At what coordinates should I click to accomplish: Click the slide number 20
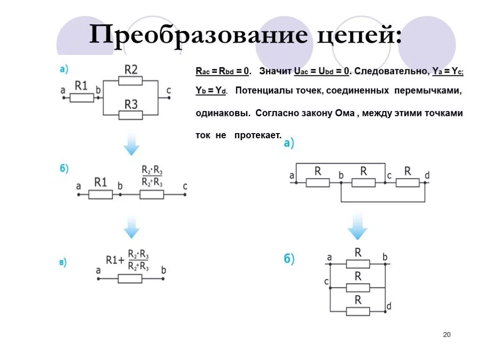[446, 335]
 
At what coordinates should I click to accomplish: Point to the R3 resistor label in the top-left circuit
[131, 104]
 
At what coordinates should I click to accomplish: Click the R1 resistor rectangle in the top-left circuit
[82, 97]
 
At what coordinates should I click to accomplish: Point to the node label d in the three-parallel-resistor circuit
[389, 306]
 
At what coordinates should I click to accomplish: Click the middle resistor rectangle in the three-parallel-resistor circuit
[358, 287]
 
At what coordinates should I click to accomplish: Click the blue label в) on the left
[62, 262]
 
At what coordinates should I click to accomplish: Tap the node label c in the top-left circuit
[168, 90]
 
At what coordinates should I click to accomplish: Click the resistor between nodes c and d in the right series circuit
[407, 182]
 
